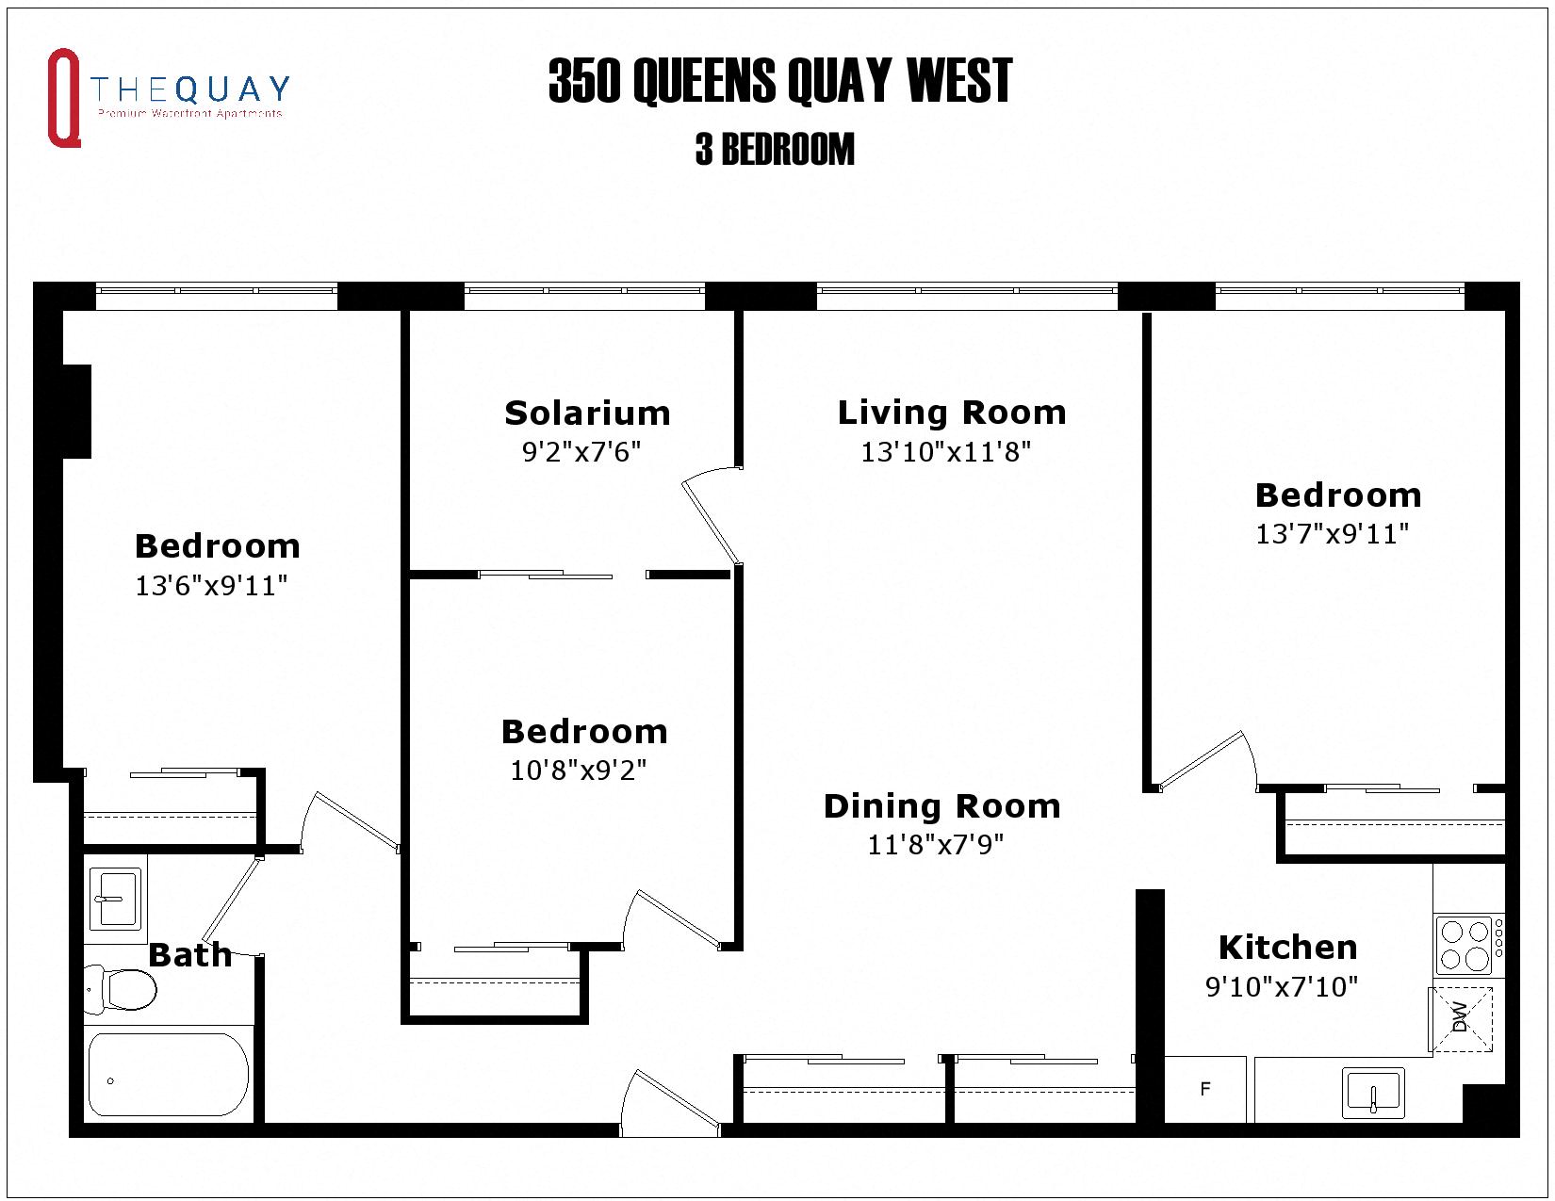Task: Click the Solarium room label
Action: click(x=587, y=413)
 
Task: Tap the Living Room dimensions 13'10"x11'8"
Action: click(x=945, y=452)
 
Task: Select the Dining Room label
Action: click(x=941, y=806)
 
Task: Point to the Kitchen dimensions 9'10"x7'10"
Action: click(x=1282, y=986)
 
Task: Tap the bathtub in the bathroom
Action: click(x=168, y=1075)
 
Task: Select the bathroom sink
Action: click(x=115, y=899)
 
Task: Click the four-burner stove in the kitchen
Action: click(x=1465, y=946)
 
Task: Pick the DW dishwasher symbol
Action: click(x=1461, y=1017)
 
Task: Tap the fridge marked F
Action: click(x=1205, y=1089)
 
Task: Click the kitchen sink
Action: click(x=1373, y=1092)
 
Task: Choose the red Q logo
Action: click(x=63, y=98)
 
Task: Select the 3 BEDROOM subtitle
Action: click(x=775, y=150)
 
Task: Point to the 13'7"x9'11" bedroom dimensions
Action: click(x=1332, y=534)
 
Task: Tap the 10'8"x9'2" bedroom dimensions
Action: click(x=579, y=771)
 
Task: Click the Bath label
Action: click(x=189, y=955)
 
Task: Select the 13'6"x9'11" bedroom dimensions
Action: click(x=211, y=586)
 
